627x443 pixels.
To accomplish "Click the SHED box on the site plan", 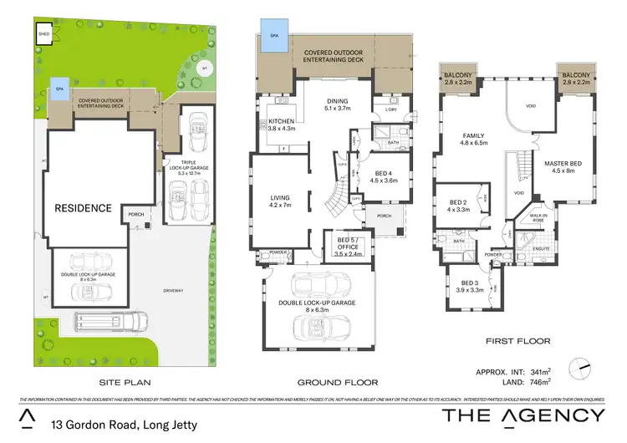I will pos(44,34).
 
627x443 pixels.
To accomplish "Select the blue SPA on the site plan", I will pos(59,88).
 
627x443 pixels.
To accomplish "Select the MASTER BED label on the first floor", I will pos(560,166).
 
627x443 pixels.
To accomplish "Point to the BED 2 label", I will pos(457,206).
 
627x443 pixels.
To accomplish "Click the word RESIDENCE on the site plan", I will pos(84,207).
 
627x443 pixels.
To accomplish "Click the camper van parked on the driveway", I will pos(112,321).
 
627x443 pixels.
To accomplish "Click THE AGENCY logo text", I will pos(522,416).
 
